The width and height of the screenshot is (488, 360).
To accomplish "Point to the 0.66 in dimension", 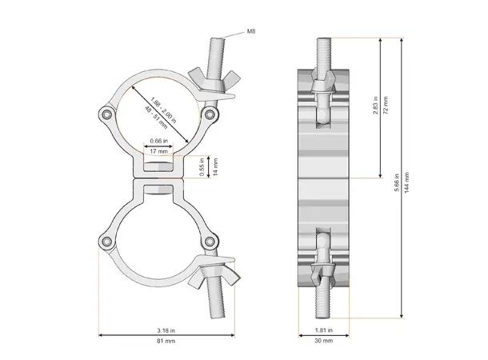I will click(158, 142).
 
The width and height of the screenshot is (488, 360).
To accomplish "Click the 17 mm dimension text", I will click(158, 151).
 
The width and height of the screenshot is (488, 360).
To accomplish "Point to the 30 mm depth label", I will click(324, 342).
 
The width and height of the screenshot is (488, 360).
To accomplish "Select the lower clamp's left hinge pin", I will click(106, 242).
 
